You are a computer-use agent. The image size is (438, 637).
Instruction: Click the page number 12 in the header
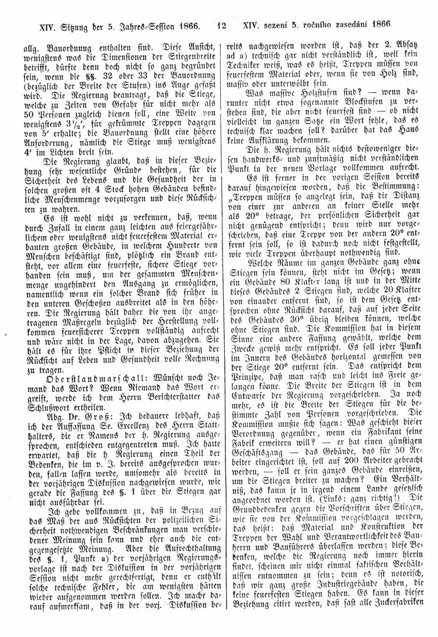click(221, 26)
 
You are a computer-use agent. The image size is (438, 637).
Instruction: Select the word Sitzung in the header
click(62, 26)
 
